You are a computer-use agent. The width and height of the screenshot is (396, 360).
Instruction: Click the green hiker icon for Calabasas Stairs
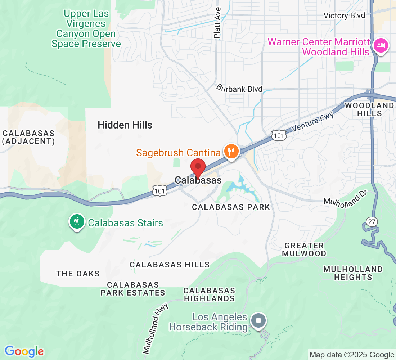tap(77, 221)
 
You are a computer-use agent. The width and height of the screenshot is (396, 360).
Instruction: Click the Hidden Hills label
tap(125, 125)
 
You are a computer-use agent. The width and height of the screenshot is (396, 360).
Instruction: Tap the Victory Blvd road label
tap(344, 15)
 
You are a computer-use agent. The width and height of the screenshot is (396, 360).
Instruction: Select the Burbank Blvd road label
tap(239, 89)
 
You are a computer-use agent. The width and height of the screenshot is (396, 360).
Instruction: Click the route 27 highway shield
tap(372, 221)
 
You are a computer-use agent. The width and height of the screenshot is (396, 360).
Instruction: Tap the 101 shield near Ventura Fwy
tap(279, 134)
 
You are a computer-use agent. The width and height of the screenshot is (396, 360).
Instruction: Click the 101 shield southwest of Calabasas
tap(159, 191)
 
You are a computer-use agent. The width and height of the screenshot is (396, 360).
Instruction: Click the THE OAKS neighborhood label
tap(78, 274)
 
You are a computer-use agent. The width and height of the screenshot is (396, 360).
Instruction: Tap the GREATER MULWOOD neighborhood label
tap(304, 249)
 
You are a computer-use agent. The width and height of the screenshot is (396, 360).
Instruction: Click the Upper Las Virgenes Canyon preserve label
tap(86, 29)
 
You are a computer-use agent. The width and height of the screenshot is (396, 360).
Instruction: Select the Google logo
tap(24, 351)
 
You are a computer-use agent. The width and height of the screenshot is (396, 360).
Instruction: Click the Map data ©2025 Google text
tap(352, 355)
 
